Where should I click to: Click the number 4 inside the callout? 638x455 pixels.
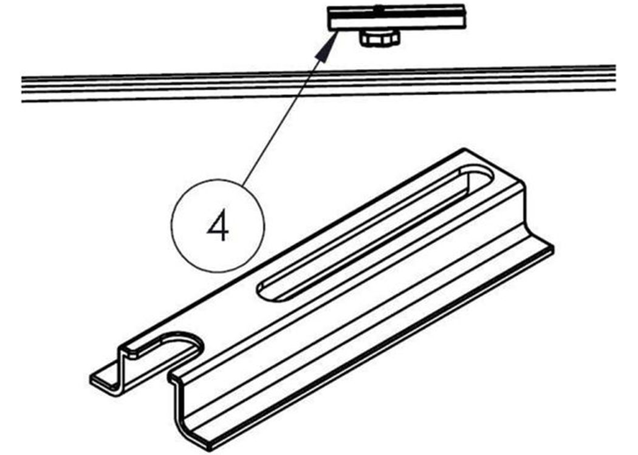point(219,226)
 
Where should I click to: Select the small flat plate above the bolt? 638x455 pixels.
point(396,18)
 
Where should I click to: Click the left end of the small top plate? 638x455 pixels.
point(329,19)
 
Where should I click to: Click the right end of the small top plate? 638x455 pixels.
point(464,16)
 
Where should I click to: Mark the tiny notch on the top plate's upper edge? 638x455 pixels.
point(379,7)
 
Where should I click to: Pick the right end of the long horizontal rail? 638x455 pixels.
point(614,78)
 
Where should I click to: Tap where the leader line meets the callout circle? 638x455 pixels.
point(244,185)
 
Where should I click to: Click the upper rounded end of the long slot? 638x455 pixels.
point(480,174)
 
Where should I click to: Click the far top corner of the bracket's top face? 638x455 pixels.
point(463,149)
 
